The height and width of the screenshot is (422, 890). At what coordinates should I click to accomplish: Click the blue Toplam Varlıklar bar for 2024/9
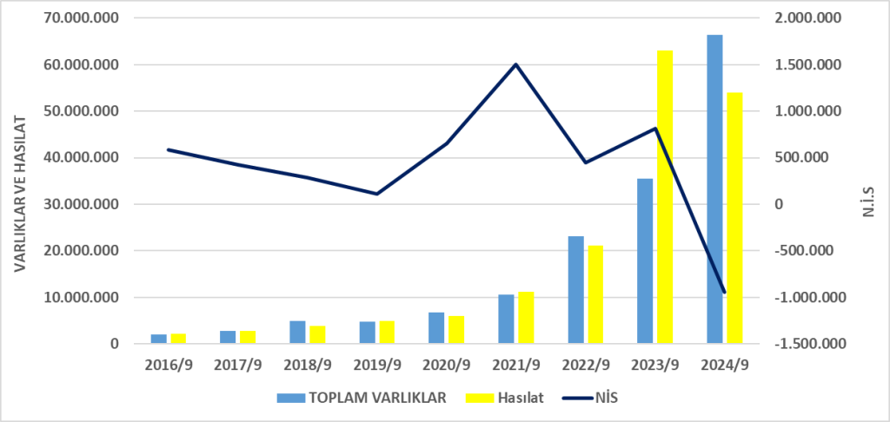(714, 189)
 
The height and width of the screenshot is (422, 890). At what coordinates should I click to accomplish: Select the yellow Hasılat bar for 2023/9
(665, 197)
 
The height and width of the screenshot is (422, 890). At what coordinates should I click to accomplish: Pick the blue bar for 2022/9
(575, 290)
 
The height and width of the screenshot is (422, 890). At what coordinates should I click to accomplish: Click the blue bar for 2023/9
(645, 261)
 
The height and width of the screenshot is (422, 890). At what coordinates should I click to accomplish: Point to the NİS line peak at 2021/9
(515, 64)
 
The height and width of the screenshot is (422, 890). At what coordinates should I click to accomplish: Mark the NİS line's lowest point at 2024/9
(724, 293)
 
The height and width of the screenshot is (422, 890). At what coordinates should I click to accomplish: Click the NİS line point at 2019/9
(376, 194)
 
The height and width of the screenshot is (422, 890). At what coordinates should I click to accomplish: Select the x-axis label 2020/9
(446, 365)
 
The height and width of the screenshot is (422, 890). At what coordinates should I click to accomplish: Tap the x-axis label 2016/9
(169, 365)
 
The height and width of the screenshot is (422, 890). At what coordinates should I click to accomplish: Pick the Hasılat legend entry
(505, 398)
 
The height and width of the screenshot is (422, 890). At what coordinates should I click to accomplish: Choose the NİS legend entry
(589, 398)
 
